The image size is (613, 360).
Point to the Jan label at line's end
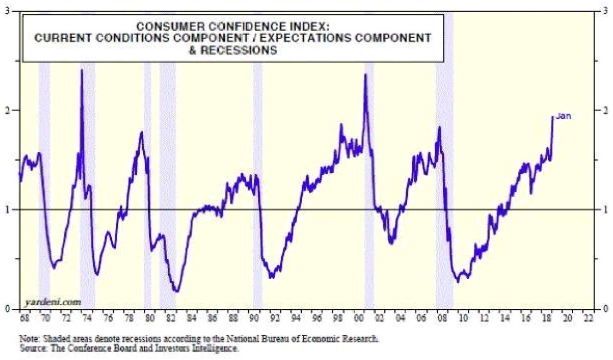(x=563, y=116)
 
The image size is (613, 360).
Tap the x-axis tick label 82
(x=170, y=318)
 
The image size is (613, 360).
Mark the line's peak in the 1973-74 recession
(x=82, y=70)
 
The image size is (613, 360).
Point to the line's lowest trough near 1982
(x=176, y=291)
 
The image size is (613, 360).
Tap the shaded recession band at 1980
(x=148, y=184)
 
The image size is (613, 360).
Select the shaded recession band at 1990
(x=258, y=184)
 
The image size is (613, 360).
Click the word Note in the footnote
(x=27, y=339)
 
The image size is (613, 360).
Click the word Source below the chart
(x=30, y=349)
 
